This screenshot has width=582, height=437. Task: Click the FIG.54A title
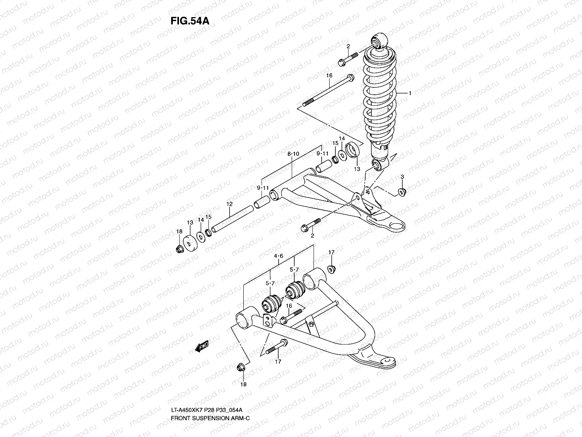click(x=190, y=21)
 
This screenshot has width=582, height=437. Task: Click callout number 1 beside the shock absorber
click(x=410, y=94)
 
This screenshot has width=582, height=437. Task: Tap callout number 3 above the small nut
click(x=402, y=177)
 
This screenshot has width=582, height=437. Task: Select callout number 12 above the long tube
click(x=230, y=204)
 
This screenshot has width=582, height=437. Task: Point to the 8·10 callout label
click(x=293, y=154)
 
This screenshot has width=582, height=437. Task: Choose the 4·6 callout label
click(x=278, y=256)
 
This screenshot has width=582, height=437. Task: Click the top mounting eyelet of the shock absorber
click(x=378, y=40)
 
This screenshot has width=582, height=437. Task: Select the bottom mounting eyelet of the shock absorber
click(x=377, y=166)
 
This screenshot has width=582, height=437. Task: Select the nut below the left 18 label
click(x=179, y=249)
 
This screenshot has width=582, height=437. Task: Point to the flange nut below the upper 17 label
click(x=331, y=270)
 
